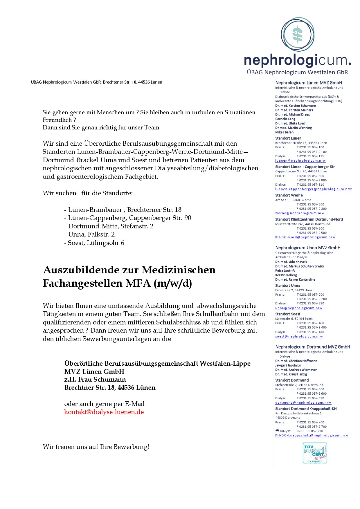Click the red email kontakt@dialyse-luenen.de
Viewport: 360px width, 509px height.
[x=104, y=412]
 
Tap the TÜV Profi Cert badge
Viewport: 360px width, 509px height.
[x=315, y=453]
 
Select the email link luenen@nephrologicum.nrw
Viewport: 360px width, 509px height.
[x=300, y=160]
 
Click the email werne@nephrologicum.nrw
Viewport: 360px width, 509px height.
[x=300, y=213]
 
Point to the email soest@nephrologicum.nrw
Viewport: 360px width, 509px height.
[x=299, y=337]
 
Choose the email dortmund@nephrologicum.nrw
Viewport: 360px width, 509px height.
[x=303, y=402]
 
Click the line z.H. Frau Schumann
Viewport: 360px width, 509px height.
[x=95, y=380]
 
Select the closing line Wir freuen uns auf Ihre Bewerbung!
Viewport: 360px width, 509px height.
[x=96, y=447]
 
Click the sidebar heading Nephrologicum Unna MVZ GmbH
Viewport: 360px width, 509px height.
[x=308, y=248]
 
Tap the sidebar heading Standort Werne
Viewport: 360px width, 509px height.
[x=289, y=195]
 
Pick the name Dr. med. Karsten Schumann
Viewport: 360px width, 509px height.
[x=296, y=106]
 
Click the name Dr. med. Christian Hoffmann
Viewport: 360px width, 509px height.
[x=296, y=361]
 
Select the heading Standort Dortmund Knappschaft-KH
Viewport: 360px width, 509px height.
[x=306, y=409]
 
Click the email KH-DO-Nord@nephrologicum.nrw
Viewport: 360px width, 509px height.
[x=305, y=237]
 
